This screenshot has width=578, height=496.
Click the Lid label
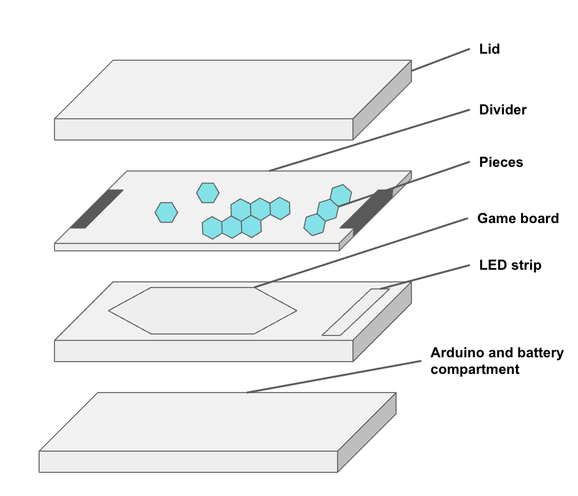point(489,49)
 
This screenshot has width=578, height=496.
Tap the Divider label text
point(503,110)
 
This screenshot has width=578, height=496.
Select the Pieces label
point(501,162)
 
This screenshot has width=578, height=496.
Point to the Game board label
point(518,218)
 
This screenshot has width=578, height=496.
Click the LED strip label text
point(510,265)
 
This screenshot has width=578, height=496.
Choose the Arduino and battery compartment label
point(497,360)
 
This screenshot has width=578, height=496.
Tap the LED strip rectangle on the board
point(355,312)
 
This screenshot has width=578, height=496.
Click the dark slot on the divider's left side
point(97,209)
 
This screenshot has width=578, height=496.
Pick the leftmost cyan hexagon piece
point(166,212)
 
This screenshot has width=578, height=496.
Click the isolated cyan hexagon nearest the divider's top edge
point(208,193)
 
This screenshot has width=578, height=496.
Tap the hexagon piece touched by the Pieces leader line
point(341,196)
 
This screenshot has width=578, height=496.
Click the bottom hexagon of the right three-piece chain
point(315,225)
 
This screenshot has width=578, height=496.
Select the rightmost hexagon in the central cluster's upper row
point(280,208)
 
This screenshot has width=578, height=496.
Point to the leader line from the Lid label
point(441,59)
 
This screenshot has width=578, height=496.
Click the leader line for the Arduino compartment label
point(334,377)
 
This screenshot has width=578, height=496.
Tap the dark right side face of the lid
point(382,100)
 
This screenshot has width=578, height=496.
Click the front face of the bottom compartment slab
point(189,461)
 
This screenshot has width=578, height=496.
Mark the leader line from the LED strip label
point(425,277)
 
